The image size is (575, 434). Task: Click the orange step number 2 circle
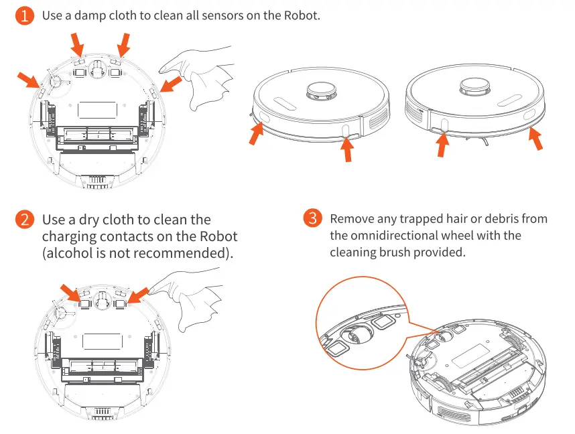pyautogui.click(x=25, y=220)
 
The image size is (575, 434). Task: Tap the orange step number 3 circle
pyautogui.click(x=313, y=219)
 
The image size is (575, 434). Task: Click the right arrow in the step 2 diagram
pyautogui.click(x=139, y=295)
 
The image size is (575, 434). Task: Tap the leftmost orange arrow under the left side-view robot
pyautogui.click(x=256, y=134)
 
